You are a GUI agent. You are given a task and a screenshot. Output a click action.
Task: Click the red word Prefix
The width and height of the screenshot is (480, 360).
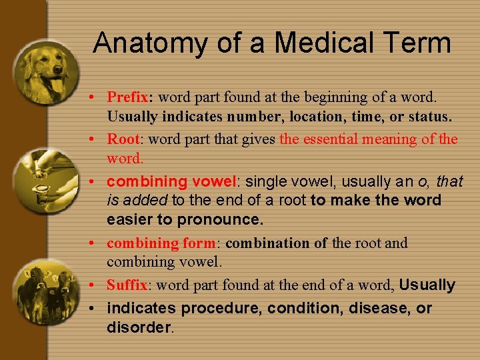click(x=128, y=97)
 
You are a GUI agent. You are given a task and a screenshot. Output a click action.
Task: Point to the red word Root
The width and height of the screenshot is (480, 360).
click(x=123, y=139)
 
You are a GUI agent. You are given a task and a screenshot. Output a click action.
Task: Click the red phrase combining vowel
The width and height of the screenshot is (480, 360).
click(x=171, y=181)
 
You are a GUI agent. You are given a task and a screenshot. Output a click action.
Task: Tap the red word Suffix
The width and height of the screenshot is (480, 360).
click(x=127, y=285)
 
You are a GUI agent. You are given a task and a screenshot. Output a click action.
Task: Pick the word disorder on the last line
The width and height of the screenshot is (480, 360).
click(x=139, y=327)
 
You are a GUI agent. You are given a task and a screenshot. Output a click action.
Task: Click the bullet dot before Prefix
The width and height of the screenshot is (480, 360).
click(x=97, y=98)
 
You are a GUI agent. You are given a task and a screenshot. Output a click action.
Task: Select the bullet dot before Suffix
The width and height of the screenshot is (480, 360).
click(x=97, y=286)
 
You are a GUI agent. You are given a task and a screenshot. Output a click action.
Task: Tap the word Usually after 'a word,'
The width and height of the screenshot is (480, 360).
click(x=427, y=285)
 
